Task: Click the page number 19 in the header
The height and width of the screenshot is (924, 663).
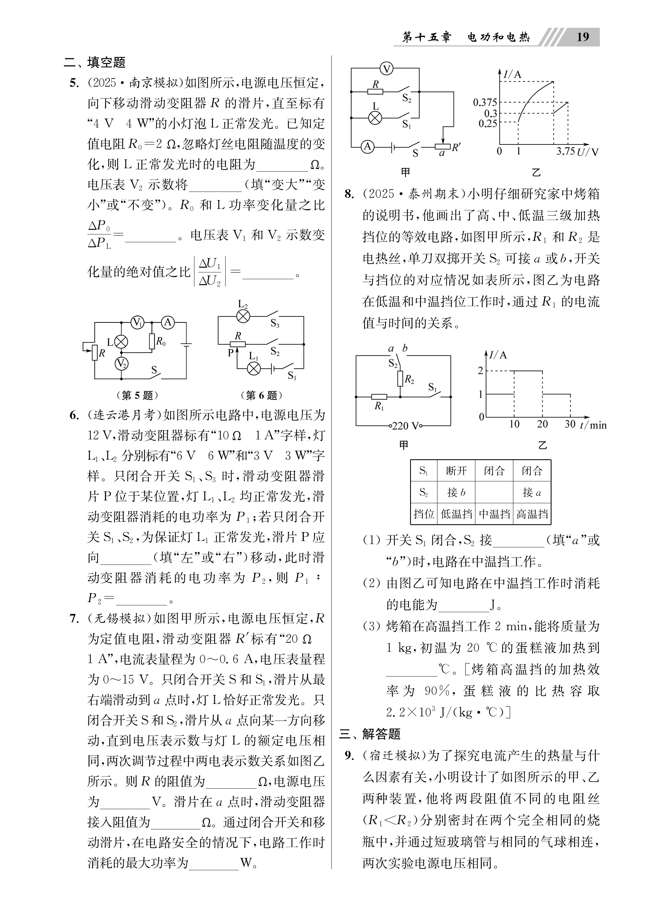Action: point(583,37)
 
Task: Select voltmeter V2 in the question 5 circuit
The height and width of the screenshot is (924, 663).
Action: point(121,363)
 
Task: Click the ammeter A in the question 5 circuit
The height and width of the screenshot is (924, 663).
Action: point(167,323)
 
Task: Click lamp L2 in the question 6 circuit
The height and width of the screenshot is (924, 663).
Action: point(243,316)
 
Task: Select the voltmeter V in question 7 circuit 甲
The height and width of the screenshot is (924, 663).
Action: point(387,69)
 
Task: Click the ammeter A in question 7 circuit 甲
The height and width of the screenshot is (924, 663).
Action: point(367,146)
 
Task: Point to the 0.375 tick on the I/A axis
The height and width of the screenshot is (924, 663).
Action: point(485,102)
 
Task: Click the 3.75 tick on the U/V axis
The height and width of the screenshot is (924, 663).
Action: point(566,152)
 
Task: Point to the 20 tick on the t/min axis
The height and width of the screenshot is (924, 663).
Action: point(542,424)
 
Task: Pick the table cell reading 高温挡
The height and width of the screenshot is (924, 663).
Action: point(532,514)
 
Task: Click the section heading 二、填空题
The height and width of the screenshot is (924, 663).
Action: point(95,63)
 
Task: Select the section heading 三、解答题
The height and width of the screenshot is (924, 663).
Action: point(370,734)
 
